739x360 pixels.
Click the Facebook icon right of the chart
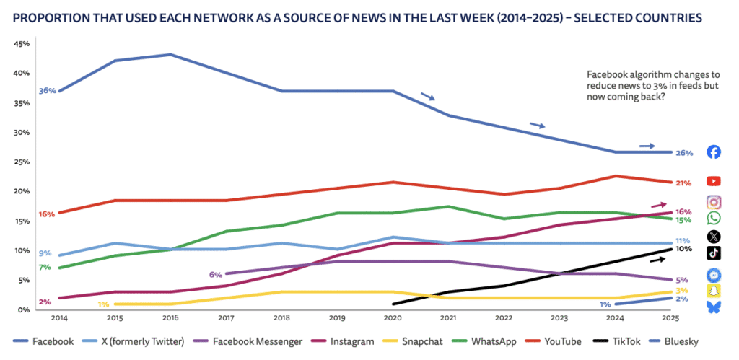click(x=714, y=152)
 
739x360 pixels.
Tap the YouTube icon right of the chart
click(x=714, y=181)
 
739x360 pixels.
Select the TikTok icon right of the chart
click(x=714, y=252)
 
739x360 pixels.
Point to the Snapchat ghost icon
click(x=714, y=291)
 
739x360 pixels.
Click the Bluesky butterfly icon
click(x=714, y=307)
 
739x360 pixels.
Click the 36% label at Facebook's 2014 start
click(x=48, y=91)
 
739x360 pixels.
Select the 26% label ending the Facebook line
click(x=684, y=153)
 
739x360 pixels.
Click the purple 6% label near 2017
click(x=216, y=274)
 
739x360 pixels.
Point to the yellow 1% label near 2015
click(x=104, y=304)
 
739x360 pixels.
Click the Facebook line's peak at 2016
click(x=170, y=55)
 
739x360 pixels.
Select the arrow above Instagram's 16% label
click(x=658, y=205)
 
